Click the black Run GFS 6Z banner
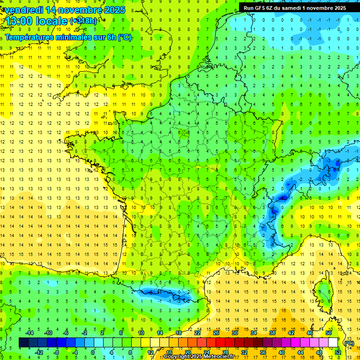pos(294,7)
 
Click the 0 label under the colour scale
pos(93,352)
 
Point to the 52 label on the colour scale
pos(337,352)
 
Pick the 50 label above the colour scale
pos(329,333)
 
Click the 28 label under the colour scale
pos(225,352)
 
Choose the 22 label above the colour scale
pos(197,333)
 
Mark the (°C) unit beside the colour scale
pos(349,343)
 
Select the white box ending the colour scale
pos(333,343)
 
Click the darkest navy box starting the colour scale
pos(23,343)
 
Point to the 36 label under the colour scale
pos(262,352)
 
